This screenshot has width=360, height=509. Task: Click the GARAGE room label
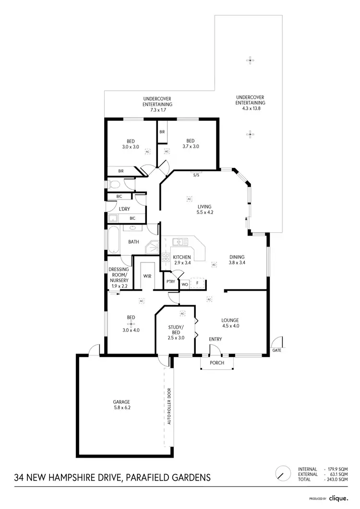(122, 405)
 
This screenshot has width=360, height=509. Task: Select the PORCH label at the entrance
(217, 363)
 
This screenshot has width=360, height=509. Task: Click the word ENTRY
(216, 340)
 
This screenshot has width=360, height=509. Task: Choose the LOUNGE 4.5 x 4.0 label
(230, 323)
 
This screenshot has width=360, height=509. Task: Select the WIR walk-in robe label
(147, 276)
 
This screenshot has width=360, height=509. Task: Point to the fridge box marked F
(197, 284)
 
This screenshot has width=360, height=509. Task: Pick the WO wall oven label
(184, 284)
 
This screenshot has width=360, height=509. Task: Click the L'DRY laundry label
(125, 209)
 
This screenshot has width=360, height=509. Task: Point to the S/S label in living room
(196, 175)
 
